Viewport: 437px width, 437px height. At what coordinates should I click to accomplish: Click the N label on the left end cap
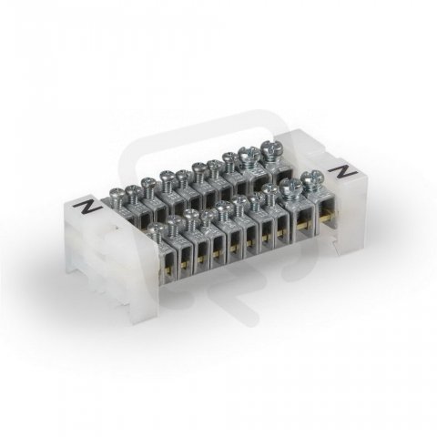[x=86, y=207]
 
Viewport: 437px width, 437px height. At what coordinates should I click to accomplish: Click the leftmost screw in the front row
[x=155, y=232]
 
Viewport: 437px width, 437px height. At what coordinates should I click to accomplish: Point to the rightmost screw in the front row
[x=311, y=179]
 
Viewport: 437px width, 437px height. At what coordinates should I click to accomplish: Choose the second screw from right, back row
[x=248, y=158]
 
